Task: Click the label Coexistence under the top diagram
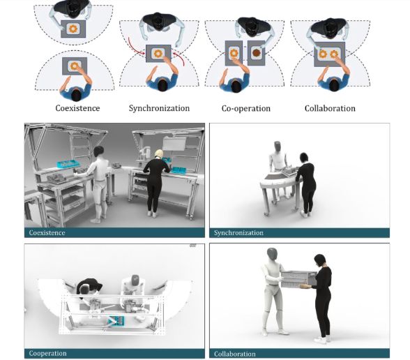tap(77, 108)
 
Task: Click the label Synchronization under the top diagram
tap(159, 108)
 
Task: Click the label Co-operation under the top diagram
tap(245, 108)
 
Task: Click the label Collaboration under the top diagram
tap(330, 108)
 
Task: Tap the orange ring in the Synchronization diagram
tap(159, 54)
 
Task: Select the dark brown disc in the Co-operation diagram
tap(257, 53)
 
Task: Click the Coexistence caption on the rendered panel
tap(47, 232)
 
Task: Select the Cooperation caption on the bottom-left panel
tap(48, 354)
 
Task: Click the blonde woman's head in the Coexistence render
tap(159, 154)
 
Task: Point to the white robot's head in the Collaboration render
tap(271, 254)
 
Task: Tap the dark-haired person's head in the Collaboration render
tap(320, 260)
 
